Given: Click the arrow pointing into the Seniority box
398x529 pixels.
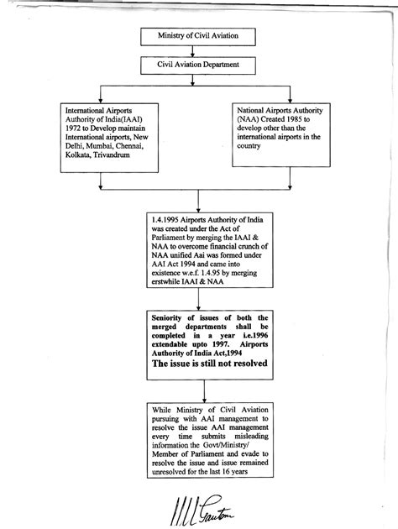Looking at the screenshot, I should coord(197,303).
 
